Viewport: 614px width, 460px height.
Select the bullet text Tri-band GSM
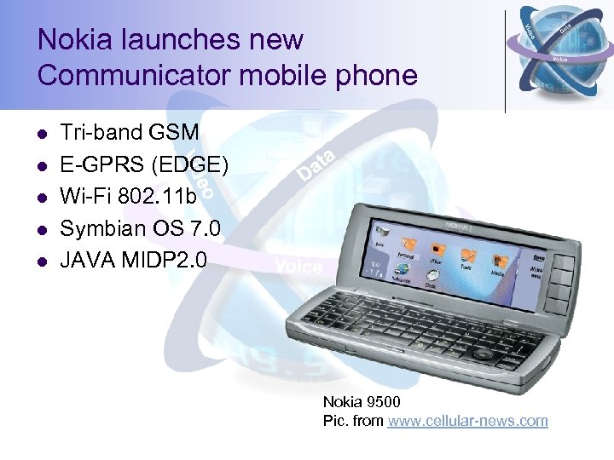(130, 133)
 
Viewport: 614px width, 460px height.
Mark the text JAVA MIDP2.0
(132, 259)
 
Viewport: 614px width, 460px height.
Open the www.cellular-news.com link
(467, 421)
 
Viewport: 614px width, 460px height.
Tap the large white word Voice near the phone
(298, 267)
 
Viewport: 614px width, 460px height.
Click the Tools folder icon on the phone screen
(468, 255)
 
